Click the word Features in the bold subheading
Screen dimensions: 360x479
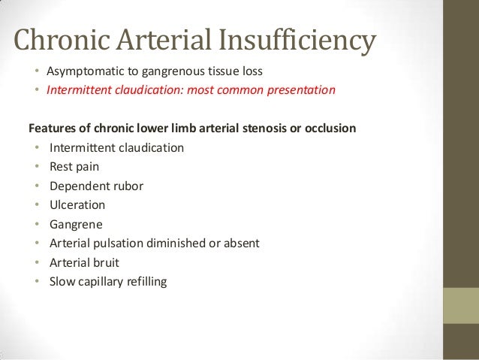click(x=52, y=127)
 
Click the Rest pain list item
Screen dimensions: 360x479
click(x=74, y=166)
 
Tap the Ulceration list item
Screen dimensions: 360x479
click(x=77, y=204)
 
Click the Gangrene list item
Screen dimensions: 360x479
click(x=75, y=224)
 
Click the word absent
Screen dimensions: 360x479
click(x=241, y=243)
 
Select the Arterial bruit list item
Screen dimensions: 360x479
click(x=84, y=262)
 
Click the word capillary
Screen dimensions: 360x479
click(x=103, y=282)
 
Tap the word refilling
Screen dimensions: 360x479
click(x=148, y=282)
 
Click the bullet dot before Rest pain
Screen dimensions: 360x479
click(x=37, y=166)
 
